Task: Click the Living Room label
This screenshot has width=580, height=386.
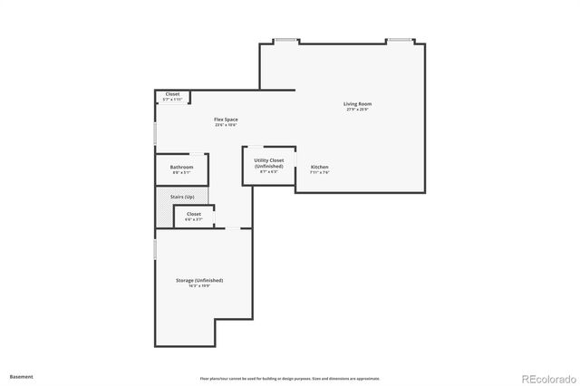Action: click(x=357, y=104)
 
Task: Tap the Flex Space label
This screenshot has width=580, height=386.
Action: click(x=226, y=120)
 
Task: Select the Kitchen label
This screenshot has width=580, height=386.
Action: click(x=319, y=168)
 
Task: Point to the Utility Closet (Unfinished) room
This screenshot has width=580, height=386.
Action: click(x=268, y=165)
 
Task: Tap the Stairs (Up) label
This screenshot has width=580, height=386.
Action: click(x=181, y=196)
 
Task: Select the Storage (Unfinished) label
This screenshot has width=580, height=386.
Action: click(x=199, y=281)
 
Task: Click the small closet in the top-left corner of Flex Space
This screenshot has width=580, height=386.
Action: click(x=172, y=95)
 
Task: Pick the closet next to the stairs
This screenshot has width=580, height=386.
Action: click(x=193, y=216)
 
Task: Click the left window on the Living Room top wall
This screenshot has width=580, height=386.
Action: click(x=286, y=40)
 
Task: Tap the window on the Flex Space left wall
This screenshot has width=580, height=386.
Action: click(x=155, y=133)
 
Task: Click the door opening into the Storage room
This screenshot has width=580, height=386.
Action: click(x=233, y=228)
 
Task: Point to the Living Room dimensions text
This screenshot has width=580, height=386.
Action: click(x=357, y=110)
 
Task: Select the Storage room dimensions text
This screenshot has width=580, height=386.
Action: click(x=199, y=286)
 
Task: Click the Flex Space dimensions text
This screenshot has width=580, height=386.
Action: click(x=226, y=125)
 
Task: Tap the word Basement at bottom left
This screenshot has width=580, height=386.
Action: click(x=22, y=375)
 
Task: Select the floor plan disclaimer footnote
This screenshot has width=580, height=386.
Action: click(x=290, y=378)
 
